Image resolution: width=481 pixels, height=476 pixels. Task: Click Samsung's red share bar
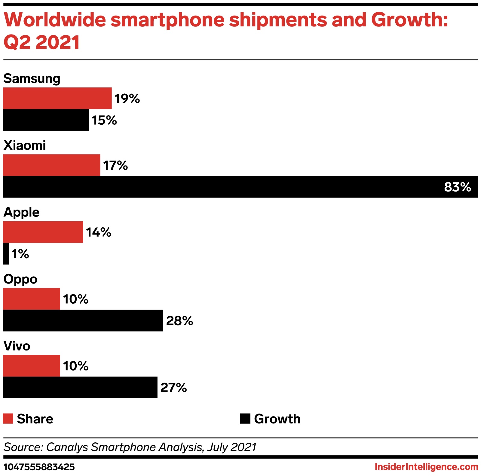[57, 98]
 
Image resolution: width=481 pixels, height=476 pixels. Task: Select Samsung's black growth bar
[46, 120]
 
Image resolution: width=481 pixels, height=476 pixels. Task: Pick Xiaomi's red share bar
[51, 165]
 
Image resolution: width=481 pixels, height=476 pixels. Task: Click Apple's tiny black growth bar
[6, 254]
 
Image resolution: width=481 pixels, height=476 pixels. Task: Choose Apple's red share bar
[43, 232]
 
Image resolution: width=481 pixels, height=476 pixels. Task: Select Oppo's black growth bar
[83, 320]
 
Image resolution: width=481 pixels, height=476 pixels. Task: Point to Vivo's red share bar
[32, 366]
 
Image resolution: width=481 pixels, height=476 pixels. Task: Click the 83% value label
[457, 187]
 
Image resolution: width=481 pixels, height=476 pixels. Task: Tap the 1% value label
[20, 254]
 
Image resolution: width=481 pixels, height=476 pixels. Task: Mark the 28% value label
[179, 321]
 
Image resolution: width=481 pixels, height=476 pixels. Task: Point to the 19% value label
[127, 99]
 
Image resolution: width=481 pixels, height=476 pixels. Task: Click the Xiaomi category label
[25, 145]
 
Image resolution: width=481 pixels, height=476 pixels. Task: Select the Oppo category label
[20, 279]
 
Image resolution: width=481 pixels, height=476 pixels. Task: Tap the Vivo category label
[17, 346]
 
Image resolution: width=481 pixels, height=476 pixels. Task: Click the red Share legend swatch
[8, 419]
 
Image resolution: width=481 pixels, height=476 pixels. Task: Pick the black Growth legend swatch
[245, 419]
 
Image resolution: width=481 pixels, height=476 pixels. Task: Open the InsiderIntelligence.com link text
[426, 467]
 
